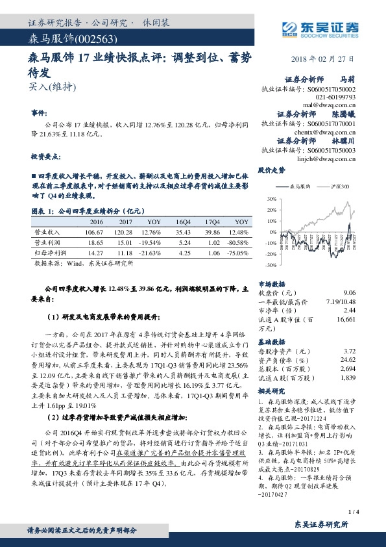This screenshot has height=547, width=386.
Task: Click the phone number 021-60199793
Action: click(x=336, y=95)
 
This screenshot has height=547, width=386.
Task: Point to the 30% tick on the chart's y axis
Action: click(x=264, y=197)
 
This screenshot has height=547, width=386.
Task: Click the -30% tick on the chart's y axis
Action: click(x=263, y=265)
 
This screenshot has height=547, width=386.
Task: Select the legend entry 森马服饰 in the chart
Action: click(x=299, y=186)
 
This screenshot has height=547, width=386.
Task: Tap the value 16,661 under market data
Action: click(x=346, y=320)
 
